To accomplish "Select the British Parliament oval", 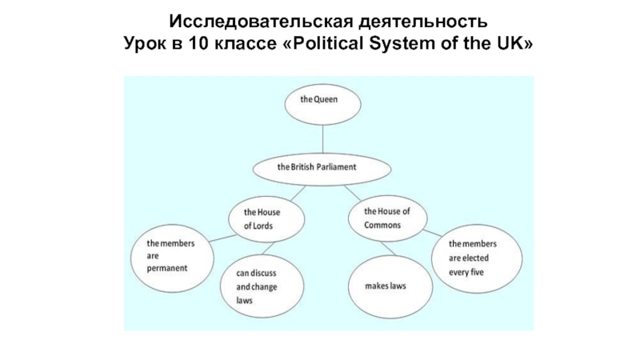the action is [322, 169].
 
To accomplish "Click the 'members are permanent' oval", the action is [170, 255].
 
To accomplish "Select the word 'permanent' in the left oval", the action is [167, 268].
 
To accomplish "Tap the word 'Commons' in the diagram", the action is [382, 225].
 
